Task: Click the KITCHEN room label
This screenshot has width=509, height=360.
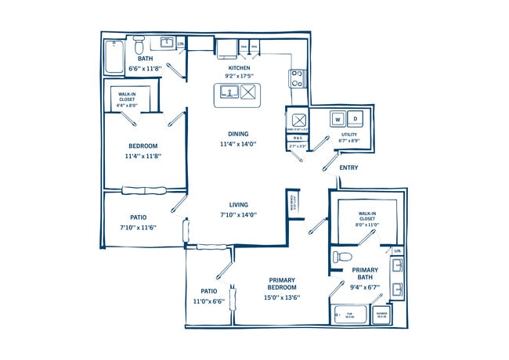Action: pyautogui.click(x=238, y=67)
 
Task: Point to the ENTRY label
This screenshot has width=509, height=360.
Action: pyautogui.click(x=349, y=167)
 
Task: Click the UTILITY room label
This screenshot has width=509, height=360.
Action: pyautogui.click(x=349, y=135)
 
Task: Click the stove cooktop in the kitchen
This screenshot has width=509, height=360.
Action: pyautogui.click(x=298, y=77)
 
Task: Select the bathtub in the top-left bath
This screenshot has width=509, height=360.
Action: pyautogui.click(x=114, y=56)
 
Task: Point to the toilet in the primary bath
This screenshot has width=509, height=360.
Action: pyautogui.click(x=341, y=257)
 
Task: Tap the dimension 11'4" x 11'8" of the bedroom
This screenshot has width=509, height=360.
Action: pyautogui.click(x=143, y=157)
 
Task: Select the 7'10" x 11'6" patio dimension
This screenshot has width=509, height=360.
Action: pyautogui.click(x=138, y=228)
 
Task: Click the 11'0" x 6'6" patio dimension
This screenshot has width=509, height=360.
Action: pyautogui.click(x=208, y=301)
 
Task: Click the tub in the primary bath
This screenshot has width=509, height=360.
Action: pyautogui.click(x=351, y=315)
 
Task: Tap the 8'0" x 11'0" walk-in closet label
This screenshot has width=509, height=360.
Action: pyautogui.click(x=368, y=225)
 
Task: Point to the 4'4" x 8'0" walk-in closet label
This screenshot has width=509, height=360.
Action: pyautogui.click(x=127, y=104)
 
